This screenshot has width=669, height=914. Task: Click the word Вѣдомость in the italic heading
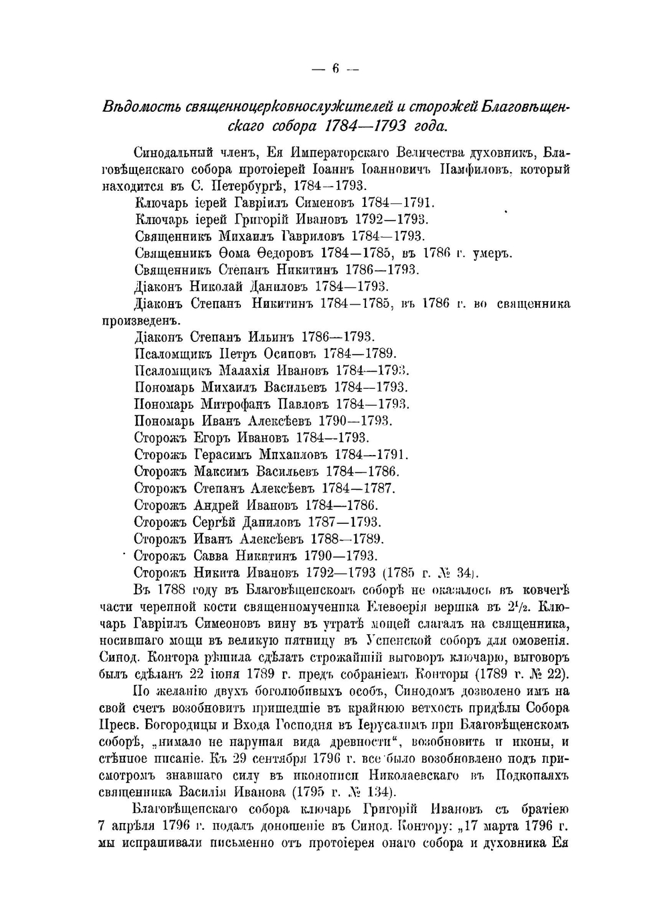[x=141, y=107]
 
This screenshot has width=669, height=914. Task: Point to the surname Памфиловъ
[x=474, y=169]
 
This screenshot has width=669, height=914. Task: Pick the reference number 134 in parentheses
[x=375, y=792]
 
